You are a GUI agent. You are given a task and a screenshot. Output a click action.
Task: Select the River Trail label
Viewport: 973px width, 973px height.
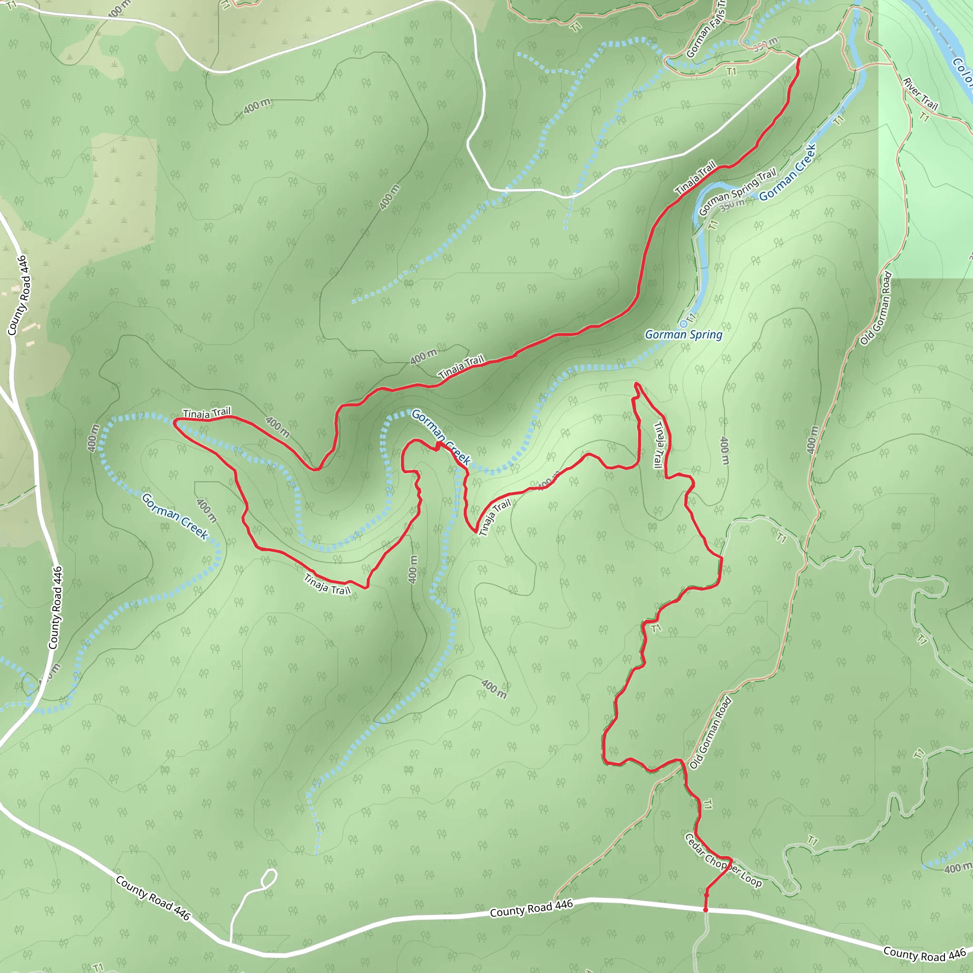click(x=920, y=94)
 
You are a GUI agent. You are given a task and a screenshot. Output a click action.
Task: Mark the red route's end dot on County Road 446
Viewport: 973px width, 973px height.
click(x=706, y=910)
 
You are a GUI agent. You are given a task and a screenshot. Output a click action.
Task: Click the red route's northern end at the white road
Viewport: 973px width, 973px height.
click(x=799, y=59)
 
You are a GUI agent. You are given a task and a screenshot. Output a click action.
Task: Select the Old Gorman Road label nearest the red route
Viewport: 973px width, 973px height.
click(x=710, y=733)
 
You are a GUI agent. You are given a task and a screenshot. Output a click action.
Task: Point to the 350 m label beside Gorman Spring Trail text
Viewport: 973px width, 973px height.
click(x=732, y=205)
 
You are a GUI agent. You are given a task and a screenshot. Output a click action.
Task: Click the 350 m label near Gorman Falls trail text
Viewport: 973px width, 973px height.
click(x=765, y=44)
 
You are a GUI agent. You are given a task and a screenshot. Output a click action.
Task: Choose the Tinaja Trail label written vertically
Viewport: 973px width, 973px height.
click(x=658, y=445)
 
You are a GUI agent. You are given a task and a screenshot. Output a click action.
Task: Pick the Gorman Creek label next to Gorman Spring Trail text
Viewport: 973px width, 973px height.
click(x=787, y=172)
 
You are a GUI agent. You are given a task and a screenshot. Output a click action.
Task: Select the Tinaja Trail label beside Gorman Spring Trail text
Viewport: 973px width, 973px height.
click(x=696, y=178)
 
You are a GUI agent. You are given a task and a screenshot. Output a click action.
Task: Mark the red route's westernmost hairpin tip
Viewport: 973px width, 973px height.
click(x=174, y=423)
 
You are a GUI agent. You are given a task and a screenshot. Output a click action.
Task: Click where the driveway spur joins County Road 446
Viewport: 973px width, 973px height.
click(x=230, y=942)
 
